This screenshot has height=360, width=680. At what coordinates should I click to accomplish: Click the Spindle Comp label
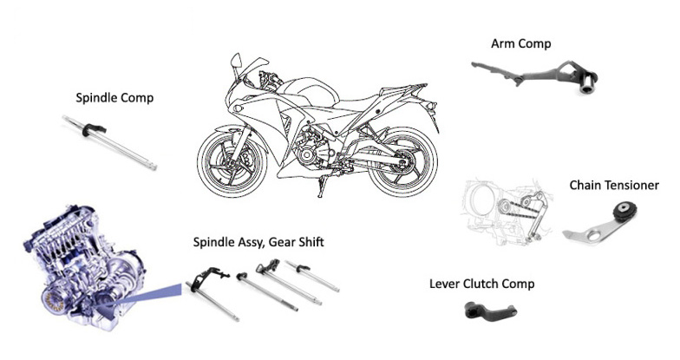pyautogui.click(x=114, y=98)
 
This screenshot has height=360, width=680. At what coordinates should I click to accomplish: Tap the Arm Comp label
pyautogui.click(x=520, y=43)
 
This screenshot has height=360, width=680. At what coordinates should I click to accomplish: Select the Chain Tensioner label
pyautogui.click(x=614, y=186)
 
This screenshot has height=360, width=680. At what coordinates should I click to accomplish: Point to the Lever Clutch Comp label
pyautogui.click(x=481, y=284)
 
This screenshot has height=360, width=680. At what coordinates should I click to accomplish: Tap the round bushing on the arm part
pyautogui.click(x=589, y=83)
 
